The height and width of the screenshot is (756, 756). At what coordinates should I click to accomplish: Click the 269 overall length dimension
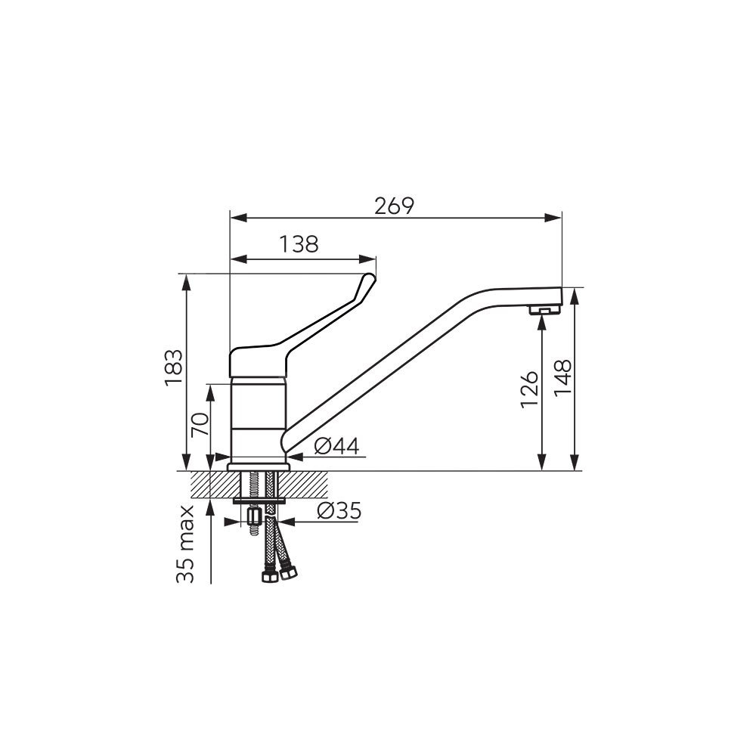[395, 206]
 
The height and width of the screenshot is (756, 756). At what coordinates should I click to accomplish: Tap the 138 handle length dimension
[299, 244]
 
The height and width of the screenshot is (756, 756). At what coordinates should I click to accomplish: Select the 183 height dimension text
[174, 368]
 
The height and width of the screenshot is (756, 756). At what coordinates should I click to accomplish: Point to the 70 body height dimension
[200, 424]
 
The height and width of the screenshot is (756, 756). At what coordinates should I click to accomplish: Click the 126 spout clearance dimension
[529, 389]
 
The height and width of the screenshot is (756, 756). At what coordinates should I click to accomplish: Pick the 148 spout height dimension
[562, 378]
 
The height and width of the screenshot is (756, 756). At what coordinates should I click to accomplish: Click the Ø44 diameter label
[336, 447]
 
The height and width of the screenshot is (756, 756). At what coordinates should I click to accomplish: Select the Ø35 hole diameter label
[339, 511]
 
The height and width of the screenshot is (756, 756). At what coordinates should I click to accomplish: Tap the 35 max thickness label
[186, 544]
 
